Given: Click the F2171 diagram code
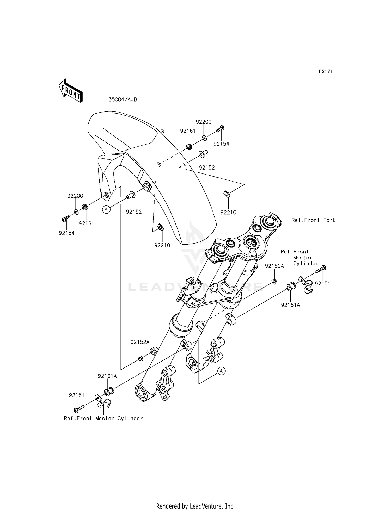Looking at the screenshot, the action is point(326,71).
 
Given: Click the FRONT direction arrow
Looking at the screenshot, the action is point(70,90).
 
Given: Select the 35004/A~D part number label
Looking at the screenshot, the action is point(123,99).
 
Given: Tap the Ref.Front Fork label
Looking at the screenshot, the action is point(313,220).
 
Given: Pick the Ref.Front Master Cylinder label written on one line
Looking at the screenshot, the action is point(103,419).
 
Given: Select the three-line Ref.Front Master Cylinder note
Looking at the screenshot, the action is point(300,258).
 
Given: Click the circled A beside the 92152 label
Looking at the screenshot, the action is point(106,209).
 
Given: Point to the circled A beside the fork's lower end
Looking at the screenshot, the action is point(221,371).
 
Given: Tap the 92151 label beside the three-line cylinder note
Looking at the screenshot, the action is point(322,284).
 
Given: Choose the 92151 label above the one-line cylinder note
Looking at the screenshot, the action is point(77,395).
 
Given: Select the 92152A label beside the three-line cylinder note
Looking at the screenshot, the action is point(274,266).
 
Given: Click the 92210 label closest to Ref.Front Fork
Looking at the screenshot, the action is point(228,213).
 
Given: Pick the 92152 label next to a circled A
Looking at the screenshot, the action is point(134,212).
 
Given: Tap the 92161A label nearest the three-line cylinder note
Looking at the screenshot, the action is point(290,305).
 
